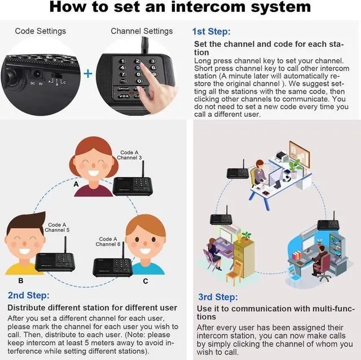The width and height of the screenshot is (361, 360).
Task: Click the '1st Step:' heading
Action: click(211, 32)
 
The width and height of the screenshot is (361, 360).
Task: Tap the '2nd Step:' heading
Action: click(29, 295)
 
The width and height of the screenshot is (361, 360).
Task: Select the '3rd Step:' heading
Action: click(218, 297)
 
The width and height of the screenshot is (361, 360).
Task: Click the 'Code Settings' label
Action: click(40, 31)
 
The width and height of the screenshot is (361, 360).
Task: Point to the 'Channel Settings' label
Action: click(142, 31)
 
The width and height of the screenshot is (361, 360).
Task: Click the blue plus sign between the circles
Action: click(88, 74)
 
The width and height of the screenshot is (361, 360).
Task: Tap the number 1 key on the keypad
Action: click(122, 61)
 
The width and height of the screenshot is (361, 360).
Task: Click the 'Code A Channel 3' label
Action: click(129, 155)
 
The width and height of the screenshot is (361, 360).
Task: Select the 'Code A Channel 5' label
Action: click(57, 227)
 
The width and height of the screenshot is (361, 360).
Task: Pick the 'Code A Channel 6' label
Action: click(108, 242)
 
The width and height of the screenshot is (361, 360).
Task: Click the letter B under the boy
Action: click(21, 280)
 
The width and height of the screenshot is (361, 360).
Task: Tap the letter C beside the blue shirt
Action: click(146, 281)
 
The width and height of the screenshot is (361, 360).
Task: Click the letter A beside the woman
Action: click(76, 184)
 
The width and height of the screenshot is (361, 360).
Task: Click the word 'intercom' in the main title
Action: click(208, 7)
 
